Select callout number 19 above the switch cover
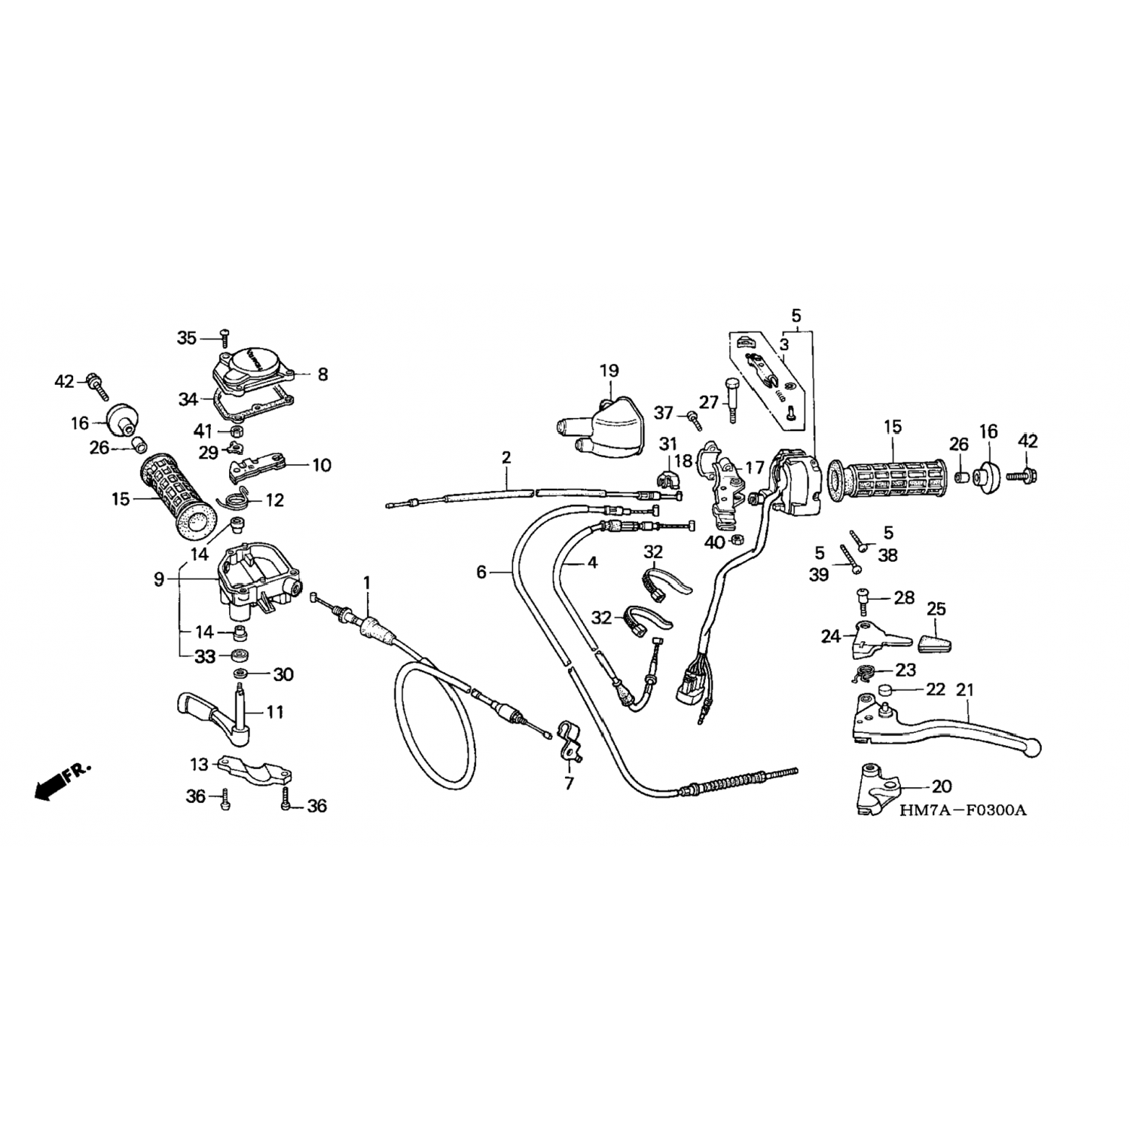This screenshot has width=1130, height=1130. coord(609,371)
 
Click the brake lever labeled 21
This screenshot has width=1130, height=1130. coord(945,725)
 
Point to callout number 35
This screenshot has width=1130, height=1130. coord(187,338)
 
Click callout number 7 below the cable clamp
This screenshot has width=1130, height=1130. coord(569,784)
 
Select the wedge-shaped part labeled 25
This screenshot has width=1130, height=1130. coord(935,642)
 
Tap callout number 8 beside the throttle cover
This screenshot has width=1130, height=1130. coord(322,374)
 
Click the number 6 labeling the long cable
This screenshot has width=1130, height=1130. coord(481,573)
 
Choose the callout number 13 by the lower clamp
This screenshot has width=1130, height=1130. coord(199,765)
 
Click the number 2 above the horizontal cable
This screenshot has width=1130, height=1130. coord(506,457)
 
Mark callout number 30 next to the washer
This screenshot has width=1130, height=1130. coord(283,674)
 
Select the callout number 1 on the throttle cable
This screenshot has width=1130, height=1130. coord(367,582)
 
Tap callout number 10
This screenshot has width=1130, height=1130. coord(322,465)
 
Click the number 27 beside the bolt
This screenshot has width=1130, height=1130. coord(710,402)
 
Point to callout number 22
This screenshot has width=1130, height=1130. coord(935,689)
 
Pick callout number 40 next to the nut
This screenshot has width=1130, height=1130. coord(714,542)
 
